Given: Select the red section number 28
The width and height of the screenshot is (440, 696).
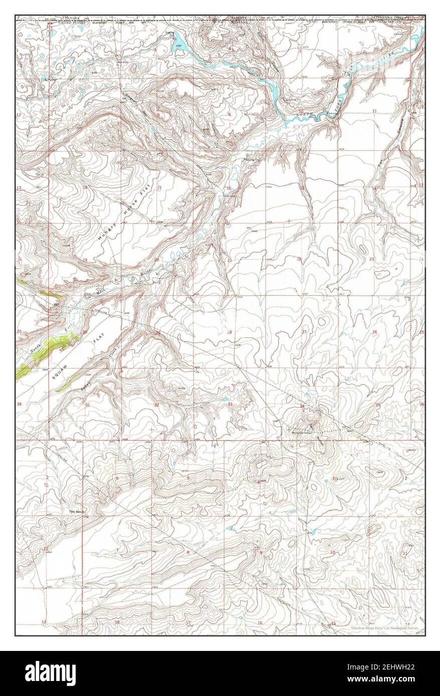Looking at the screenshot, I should (x=230, y=332).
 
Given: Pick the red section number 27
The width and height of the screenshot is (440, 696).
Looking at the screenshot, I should (x=304, y=332).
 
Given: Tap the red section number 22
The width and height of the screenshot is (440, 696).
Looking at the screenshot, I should (x=299, y=259).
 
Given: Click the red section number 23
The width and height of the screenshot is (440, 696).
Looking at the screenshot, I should (x=371, y=259).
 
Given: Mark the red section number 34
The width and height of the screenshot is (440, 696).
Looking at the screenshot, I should (x=302, y=405).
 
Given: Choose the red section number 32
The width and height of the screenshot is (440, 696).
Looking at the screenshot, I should (x=156, y=405).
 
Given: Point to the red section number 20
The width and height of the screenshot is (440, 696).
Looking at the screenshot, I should (x=157, y=260).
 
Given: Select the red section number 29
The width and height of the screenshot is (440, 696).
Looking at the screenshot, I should (x=158, y=333).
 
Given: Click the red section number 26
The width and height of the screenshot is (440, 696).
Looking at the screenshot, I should (x=374, y=332).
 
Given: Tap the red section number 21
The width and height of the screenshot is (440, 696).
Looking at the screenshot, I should (x=230, y=260).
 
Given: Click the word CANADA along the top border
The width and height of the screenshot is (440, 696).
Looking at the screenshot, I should (x=71, y=19).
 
